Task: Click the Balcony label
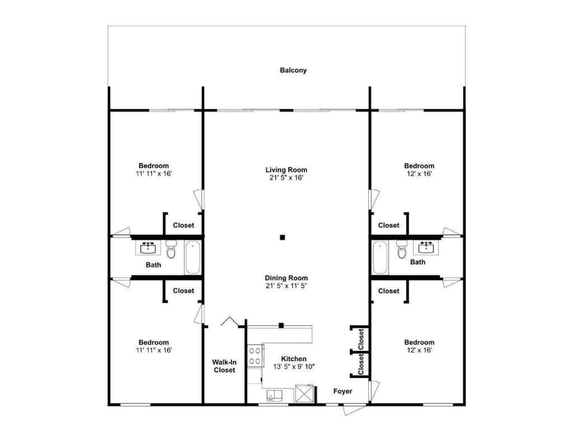(293, 70)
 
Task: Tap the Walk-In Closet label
(224, 366)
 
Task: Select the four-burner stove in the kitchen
(255, 355)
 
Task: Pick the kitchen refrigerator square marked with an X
(304, 394)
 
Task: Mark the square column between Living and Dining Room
(283, 237)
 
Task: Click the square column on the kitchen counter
(281, 325)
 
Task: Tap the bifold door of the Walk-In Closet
(230, 322)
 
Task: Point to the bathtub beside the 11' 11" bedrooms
(192, 257)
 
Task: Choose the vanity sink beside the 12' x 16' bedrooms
(426, 247)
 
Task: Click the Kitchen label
(293, 359)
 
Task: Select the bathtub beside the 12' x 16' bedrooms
(380, 257)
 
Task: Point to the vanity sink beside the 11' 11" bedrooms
(147, 247)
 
